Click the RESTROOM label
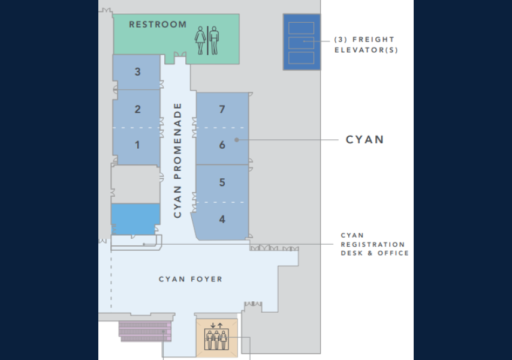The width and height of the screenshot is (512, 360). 158,25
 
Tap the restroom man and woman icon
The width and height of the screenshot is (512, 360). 207,40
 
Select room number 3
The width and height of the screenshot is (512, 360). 138,72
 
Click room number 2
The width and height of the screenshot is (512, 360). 138,109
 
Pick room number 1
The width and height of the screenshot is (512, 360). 137,145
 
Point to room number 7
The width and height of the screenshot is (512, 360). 222,109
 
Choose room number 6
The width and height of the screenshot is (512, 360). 222,145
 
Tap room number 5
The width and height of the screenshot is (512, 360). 222,182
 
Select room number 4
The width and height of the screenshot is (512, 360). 222,220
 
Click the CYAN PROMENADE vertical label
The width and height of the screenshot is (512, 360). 177,160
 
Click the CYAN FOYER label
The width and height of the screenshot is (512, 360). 190,279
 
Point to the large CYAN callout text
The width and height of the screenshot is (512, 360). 365,140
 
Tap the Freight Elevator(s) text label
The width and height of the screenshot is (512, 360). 366,44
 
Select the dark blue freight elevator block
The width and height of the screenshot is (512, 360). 301,42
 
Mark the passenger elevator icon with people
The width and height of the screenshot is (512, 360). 216,338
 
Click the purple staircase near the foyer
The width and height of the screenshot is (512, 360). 145,330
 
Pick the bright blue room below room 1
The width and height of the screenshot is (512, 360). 135,219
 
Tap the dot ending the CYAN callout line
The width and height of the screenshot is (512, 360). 237,140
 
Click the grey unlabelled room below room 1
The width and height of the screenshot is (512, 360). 135,184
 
